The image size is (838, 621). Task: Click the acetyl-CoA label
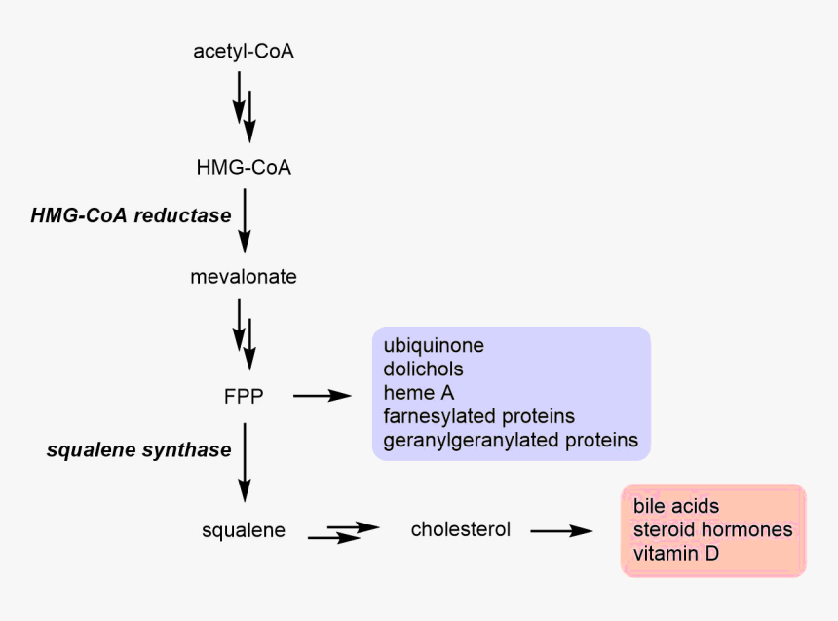[244, 52]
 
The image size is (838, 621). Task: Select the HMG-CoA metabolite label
[244, 168]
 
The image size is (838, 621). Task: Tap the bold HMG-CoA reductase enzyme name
[131, 215]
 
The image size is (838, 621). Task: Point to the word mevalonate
[244, 277]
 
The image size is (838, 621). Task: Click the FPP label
[244, 395]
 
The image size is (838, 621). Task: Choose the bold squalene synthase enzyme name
[139, 449]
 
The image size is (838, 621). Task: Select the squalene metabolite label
[244, 530]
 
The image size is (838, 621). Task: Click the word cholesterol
[461, 529]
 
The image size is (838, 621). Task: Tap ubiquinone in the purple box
[434, 346]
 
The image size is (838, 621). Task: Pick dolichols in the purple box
[424, 369]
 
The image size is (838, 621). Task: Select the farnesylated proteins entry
[479, 417]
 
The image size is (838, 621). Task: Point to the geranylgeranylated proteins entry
[511, 441]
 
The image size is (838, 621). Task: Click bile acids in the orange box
[676, 506]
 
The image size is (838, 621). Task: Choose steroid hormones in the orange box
[712, 530]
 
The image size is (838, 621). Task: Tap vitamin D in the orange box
[677, 554]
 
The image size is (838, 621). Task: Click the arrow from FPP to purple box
[322, 395]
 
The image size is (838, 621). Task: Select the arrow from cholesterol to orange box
[561, 530]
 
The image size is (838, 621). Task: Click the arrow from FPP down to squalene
[245, 463]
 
